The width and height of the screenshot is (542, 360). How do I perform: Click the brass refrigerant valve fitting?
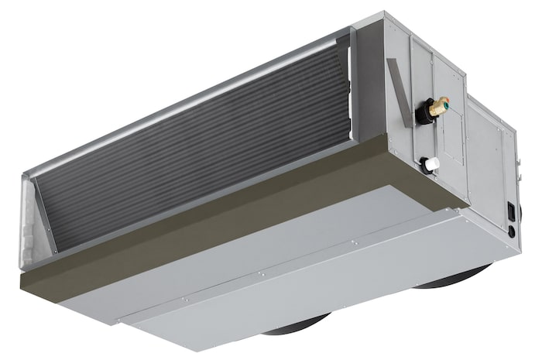440,105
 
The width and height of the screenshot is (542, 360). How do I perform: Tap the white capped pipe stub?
431,163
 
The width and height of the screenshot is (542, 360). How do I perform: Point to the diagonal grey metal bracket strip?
396,86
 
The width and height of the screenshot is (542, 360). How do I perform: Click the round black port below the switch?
510,231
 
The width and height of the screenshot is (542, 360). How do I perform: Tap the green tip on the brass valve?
447,100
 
